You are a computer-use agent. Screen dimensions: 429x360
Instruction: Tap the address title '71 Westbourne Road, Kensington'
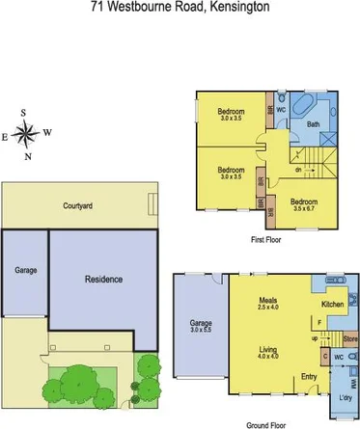click(180, 9)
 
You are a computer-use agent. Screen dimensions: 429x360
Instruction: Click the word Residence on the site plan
click(103, 280)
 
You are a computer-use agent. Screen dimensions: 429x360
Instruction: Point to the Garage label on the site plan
click(25, 270)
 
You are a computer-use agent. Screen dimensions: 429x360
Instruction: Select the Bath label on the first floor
click(313, 124)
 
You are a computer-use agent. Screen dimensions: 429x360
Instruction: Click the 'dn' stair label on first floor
click(298, 171)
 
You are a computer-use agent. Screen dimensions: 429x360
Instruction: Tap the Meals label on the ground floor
click(268, 300)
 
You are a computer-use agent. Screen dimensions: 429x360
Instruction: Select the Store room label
click(350, 338)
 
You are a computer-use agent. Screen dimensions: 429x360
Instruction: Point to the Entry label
click(309, 376)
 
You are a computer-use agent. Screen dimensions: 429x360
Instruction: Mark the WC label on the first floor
click(281, 110)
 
